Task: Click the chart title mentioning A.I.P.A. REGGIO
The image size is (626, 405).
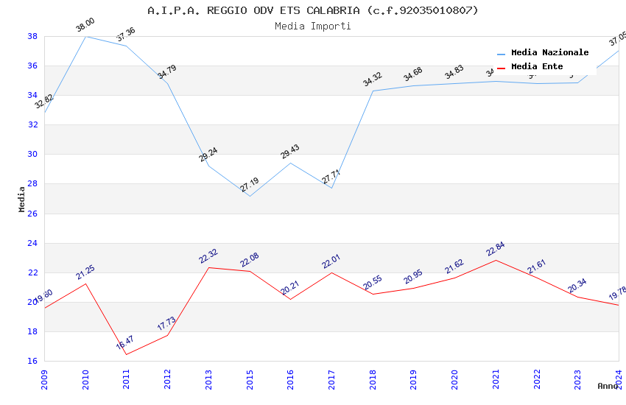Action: pos(312,10)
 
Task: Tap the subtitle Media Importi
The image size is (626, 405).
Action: pos(312,27)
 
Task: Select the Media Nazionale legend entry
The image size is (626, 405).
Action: pos(549,53)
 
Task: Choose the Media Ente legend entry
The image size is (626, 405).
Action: pos(537,67)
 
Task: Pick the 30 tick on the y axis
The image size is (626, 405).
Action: pos(33,155)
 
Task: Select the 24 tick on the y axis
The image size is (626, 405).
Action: pos(33,243)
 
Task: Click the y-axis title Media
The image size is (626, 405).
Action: pos(22,199)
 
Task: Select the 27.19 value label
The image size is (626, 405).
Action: pos(250,185)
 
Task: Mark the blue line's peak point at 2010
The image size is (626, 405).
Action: pos(85,36)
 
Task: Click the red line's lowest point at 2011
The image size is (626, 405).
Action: pos(126,354)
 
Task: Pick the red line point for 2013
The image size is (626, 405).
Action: pos(208,267)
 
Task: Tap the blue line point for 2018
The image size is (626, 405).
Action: pos(373,91)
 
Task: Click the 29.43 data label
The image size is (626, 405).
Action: pos(290,152)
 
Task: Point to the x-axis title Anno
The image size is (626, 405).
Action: pos(608,386)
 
